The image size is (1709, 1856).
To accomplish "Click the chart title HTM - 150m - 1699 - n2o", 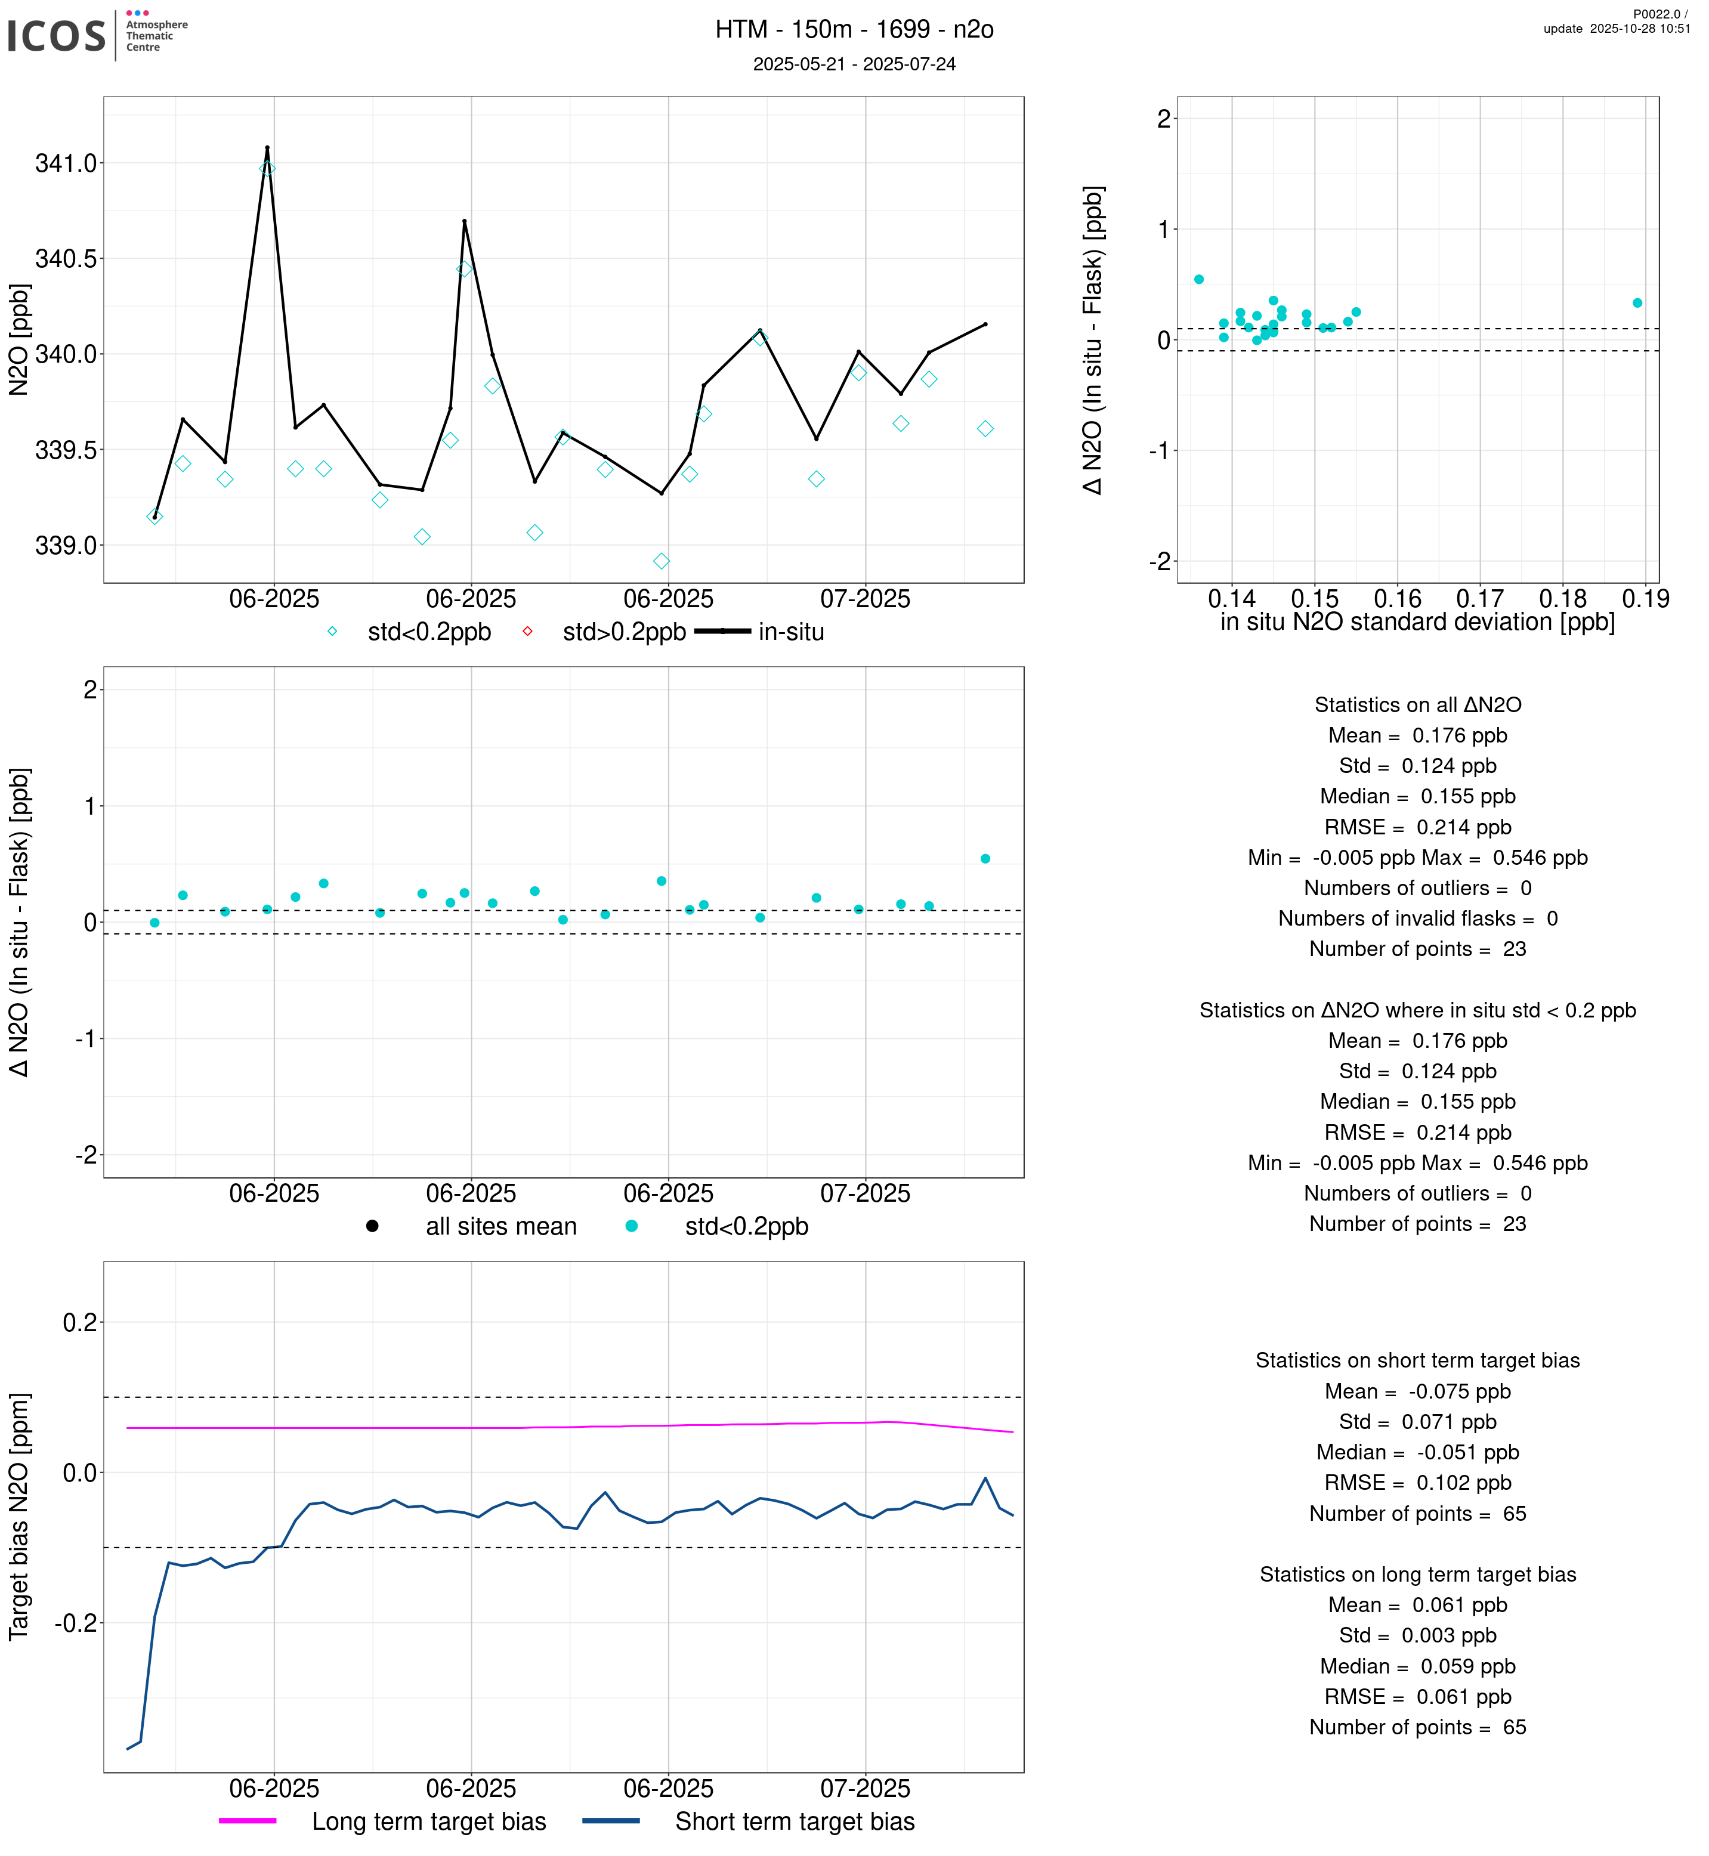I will click(854, 30).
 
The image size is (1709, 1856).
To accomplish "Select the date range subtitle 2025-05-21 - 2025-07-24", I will click(854, 64).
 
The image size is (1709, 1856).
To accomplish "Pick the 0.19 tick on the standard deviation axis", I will click(1645, 599).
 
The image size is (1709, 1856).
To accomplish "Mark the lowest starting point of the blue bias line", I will click(128, 1749).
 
